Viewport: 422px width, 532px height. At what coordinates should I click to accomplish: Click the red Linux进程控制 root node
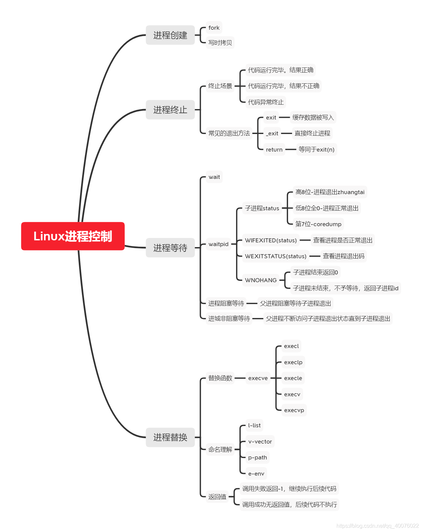tap(73, 236)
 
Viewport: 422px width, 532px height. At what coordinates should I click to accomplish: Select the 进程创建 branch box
tap(170, 35)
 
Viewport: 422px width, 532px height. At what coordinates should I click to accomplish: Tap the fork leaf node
tap(214, 28)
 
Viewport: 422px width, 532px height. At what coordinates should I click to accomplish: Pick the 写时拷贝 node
tap(220, 43)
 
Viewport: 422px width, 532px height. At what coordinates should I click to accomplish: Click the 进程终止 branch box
tap(170, 110)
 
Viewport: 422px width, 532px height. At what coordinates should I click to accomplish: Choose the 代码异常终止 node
tap(266, 102)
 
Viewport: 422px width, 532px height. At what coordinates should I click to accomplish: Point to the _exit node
tap(272, 133)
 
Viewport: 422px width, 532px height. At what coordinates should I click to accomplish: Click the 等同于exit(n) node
tap(316, 150)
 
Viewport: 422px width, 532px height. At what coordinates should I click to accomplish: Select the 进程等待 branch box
tap(170, 248)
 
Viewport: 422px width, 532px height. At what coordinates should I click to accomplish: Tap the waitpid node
tap(218, 244)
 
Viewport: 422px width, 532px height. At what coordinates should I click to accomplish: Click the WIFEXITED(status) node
tap(271, 240)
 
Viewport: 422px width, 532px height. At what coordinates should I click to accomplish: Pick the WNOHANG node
tap(261, 280)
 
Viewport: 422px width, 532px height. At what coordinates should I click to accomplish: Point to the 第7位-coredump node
tap(318, 224)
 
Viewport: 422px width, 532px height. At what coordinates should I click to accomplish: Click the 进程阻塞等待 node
tap(226, 303)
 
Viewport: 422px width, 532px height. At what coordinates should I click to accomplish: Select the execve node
tap(258, 378)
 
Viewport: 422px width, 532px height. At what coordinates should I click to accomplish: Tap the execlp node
tap(293, 362)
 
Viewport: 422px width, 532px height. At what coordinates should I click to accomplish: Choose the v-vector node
tap(260, 442)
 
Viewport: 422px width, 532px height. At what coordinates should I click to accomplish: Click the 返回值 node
tap(217, 497)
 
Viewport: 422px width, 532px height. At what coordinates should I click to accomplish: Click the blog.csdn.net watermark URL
tap(377, 526)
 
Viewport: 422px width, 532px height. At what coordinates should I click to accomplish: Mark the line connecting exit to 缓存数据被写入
tap(284, 117)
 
